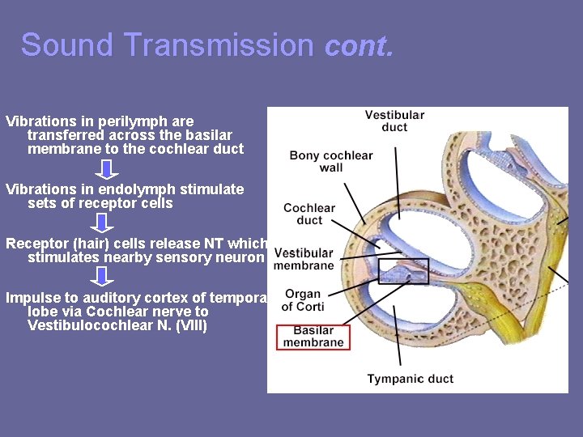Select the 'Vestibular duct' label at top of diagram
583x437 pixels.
[394, 121]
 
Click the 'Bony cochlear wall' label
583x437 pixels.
[330, 161]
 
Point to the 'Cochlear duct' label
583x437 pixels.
[309, 214]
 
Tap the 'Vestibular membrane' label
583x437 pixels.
[304, 259]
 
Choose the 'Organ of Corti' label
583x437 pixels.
[304, 299]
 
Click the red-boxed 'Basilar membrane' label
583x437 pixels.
[313, 337]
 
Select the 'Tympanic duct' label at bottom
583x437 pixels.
[410, 379]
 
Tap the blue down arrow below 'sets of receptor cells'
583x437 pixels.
[102, 223]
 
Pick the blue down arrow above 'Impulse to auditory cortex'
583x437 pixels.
[102, 277]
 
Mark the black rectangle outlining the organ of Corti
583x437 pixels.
[403, 270]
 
